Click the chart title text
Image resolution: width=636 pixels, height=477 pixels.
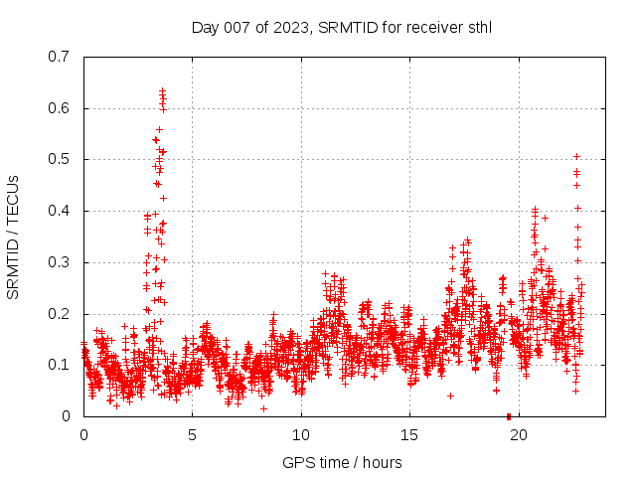pos(342,28)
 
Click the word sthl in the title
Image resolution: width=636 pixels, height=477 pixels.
pos(478,28)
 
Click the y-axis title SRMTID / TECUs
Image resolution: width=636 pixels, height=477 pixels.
pos(13,237)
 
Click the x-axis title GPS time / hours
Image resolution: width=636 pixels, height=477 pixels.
pos(342,462)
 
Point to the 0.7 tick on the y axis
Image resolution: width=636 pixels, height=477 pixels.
pos(61,57)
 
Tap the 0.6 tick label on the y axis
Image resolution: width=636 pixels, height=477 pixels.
pos(61,108)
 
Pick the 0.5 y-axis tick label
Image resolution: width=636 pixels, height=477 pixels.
pos(61,159)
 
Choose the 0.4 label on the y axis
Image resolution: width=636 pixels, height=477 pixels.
pos(61,211)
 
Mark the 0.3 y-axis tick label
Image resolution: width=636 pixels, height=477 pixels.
pos(61,262)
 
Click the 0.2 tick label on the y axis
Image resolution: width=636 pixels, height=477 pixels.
pos(61,314)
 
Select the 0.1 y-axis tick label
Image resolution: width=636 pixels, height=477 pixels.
pos(61,365)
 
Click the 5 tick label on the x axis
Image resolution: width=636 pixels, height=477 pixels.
pos(193,434)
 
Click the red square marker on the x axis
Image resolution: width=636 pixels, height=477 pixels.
pos(509,415)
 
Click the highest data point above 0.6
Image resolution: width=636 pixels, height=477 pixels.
pos(162,91)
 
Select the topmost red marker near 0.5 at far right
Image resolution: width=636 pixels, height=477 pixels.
pos(576,157)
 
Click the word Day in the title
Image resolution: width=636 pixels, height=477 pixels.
pos(205,28)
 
